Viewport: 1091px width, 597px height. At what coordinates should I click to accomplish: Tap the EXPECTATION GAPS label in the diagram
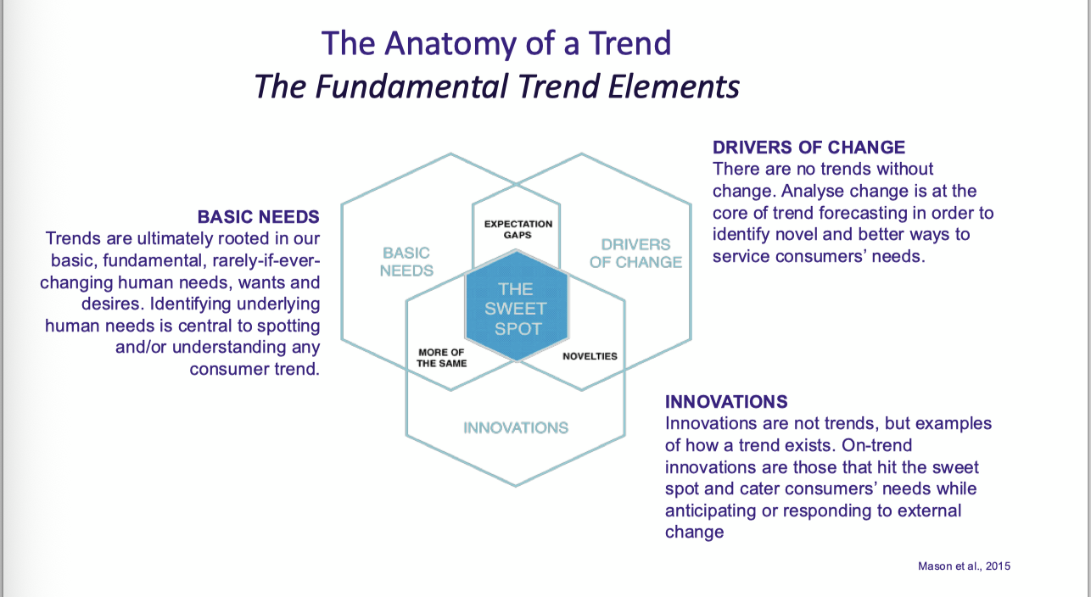click(518, 229)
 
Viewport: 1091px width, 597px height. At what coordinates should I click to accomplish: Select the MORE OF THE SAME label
click(442, 358)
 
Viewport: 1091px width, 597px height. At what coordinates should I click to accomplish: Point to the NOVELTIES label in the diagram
click(590, 356)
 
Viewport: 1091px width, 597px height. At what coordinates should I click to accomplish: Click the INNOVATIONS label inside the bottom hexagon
click(516, 427)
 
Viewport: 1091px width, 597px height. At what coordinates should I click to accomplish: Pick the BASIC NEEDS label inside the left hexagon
click(406, 262)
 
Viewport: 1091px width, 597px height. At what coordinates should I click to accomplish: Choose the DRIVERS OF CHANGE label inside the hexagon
click(635, 254)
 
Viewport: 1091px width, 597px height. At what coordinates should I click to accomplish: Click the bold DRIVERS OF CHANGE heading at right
click(808, 148)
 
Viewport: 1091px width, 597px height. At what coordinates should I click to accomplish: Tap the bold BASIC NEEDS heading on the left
click(258, 217)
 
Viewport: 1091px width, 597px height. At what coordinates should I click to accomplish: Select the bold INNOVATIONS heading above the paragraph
click(726, 401)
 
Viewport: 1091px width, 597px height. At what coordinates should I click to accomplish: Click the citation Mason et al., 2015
click(964, 566)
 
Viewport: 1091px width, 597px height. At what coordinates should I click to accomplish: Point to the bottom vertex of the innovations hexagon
click(516, 486)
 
